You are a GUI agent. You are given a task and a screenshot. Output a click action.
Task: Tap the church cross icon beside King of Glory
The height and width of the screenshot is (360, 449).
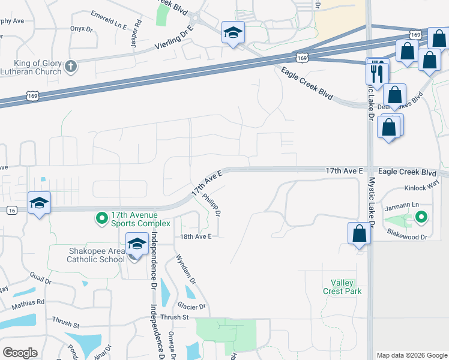point(71,66)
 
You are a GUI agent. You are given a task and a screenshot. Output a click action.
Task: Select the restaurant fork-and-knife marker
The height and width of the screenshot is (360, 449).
point(378,73)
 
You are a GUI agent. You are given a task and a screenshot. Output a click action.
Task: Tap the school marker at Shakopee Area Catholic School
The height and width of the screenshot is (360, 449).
point(137,245)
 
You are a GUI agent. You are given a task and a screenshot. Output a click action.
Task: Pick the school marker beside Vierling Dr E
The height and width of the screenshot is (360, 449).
point(232,33)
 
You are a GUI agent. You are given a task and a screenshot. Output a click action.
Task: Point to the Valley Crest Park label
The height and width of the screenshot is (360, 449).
point(346,287)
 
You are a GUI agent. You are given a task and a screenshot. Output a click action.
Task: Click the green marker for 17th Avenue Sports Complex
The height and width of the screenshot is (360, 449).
point(102,217)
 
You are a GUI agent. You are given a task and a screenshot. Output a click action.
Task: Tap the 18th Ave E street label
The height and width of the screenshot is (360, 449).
point(196,237)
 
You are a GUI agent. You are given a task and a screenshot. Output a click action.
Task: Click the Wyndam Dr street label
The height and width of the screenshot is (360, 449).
point(185,268)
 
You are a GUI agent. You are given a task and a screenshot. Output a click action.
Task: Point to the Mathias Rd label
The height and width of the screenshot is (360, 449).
point(28,302)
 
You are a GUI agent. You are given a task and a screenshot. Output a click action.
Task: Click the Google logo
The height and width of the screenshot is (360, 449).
point(20,353)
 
